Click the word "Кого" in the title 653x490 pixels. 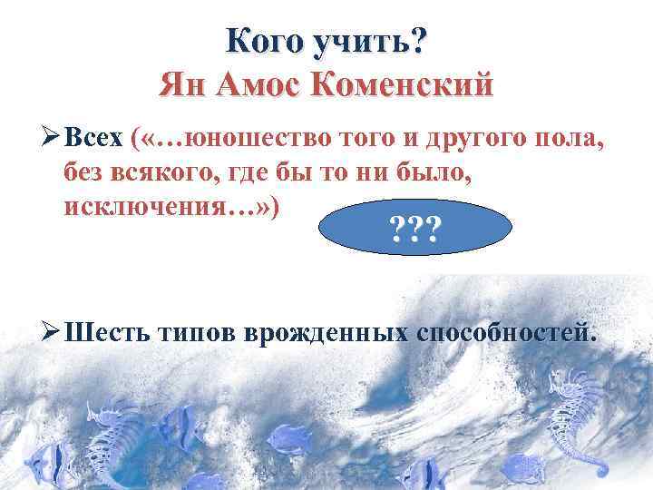coord(262,41)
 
